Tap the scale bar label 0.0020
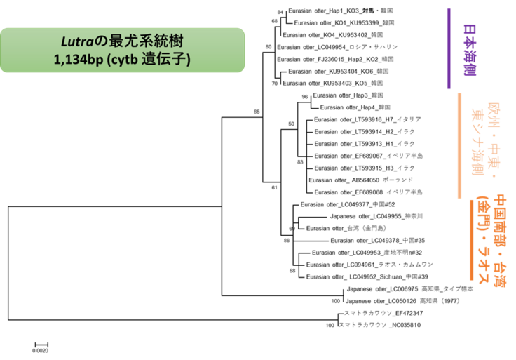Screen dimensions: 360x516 click(41, 351)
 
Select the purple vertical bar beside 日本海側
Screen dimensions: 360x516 click(448, 48)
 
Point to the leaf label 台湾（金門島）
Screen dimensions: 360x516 click(351, 228)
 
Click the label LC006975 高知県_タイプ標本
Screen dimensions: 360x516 click(409, 288)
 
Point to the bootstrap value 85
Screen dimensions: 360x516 click(257, 112)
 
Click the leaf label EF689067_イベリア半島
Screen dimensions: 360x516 click(368, 156)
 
